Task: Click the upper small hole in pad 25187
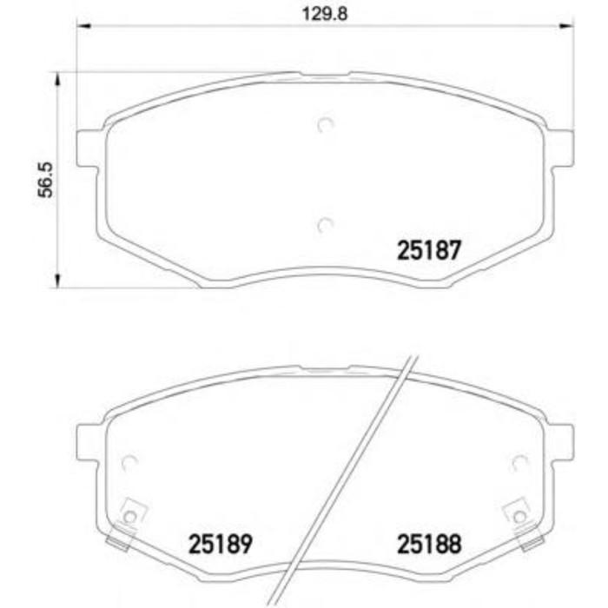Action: click(x=326, y=125)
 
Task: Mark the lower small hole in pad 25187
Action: click(x=326, y=225)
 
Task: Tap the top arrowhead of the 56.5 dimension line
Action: click(x=58, y=79)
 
